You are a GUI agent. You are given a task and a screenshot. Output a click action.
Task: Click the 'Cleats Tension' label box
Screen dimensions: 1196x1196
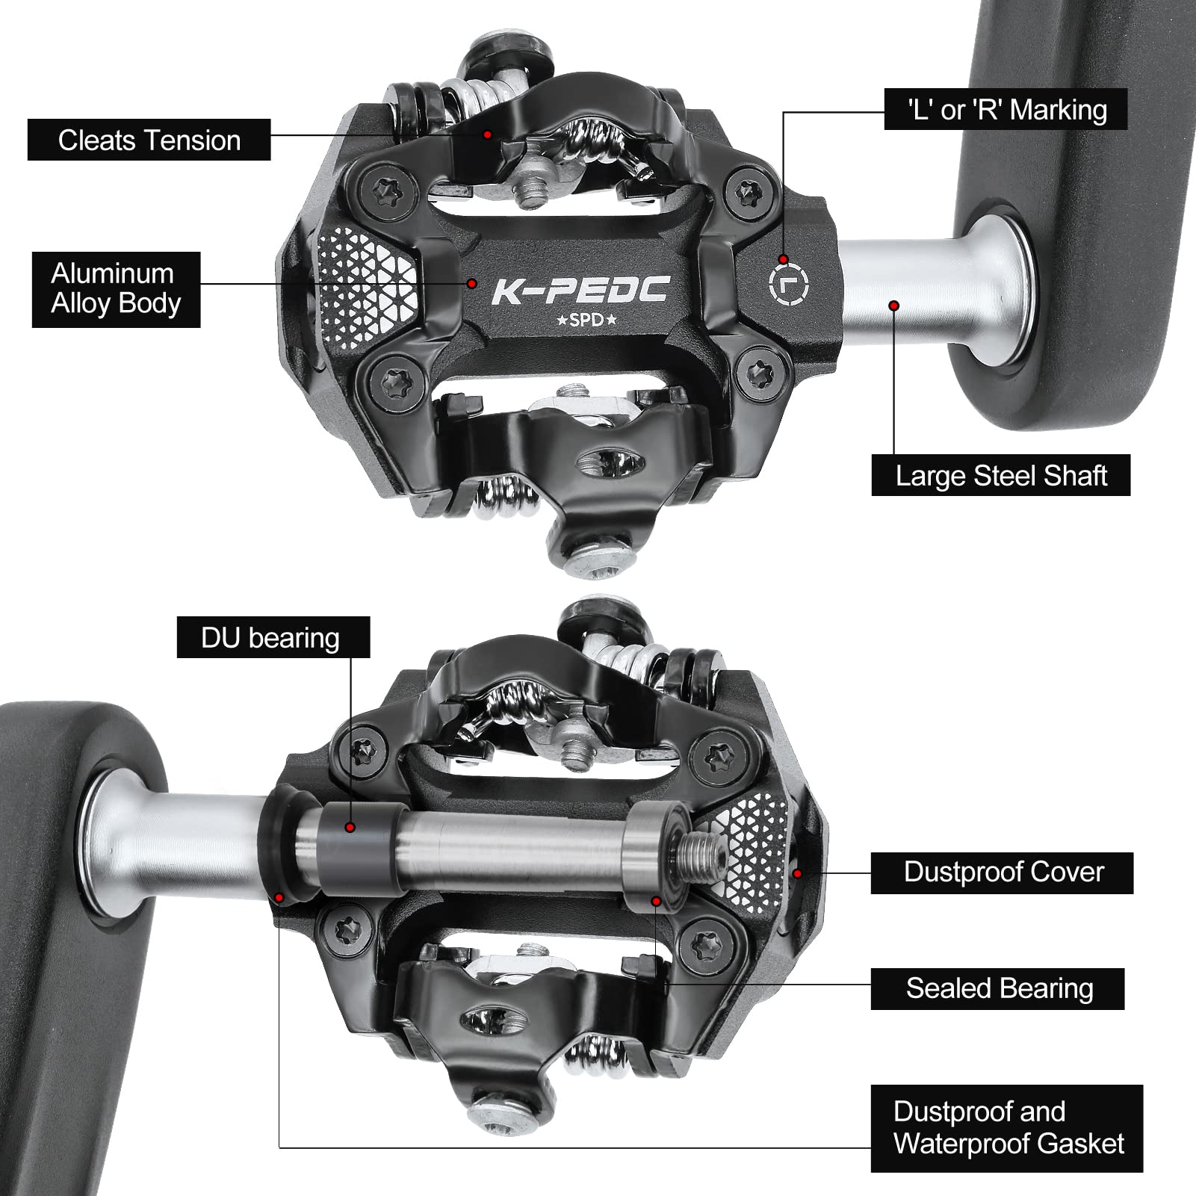pyautogui.click(x=149, y=140)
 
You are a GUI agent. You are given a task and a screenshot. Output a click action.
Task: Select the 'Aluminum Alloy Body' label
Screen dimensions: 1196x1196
pyautogui.click(x=116, y=289)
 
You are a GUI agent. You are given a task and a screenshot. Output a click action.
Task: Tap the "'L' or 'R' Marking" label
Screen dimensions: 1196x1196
pyautogui.click(x=1006, y=110)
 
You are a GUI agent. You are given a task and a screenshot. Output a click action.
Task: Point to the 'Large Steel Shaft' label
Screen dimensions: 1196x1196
pyautogui.click(x=1000, y=475)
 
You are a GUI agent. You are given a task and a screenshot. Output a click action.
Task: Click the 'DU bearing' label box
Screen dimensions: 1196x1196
pyautogui.click(x=273, y=637)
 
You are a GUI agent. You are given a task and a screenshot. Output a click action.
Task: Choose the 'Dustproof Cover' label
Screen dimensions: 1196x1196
pyautogui.click(x=1002, y=873)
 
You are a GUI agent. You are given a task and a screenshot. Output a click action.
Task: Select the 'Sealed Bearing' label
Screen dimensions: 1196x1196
pyautogui.click(x=997, y=988)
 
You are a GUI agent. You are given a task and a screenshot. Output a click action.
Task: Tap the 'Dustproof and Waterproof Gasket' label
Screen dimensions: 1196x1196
pyautogui.click(x=1006, y=1128)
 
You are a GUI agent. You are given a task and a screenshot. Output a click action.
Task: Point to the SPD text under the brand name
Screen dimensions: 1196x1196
pyautogui.click(x=586, y=320)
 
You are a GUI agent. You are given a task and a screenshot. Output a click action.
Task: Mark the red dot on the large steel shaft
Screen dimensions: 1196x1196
pyautogui.click(x=893, y=305)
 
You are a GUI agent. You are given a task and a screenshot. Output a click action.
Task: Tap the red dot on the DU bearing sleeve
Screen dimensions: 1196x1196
pyautogui.click(x=350, y=827)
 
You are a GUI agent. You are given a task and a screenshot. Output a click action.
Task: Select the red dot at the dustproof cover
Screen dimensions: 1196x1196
pyautogui.click(x=797, y=873)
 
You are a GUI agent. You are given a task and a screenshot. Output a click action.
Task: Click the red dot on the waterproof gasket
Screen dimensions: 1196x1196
pyautogui.click(x=279, y=897)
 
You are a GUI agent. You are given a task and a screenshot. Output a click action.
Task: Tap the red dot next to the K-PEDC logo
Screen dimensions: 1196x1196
pyautogui.click(x=472, y=283)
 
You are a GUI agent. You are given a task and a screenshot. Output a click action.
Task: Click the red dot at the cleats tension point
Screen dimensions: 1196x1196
pyautogui.click(x=487, y=134)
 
